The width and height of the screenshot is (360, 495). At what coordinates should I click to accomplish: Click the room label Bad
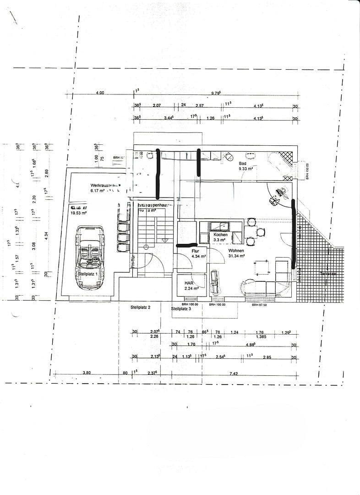click(x=243, y=163)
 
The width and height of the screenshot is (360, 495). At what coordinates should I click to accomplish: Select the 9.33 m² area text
click(x=246, y=169)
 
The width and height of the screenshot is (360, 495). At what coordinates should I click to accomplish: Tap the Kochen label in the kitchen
click(x=220, y=234)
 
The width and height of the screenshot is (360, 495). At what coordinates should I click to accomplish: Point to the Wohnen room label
click(x=236, y=251)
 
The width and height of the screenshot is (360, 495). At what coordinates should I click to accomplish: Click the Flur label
click(x=196, y=251)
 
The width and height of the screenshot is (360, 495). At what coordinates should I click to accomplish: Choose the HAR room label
click(x=188, y=283)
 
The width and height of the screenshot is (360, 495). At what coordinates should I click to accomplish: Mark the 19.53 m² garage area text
click(x=78, y=213)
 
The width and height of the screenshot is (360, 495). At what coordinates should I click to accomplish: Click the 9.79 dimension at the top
click(x=216, y=93)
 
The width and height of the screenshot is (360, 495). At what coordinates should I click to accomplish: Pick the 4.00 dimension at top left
click(x=100, y=93)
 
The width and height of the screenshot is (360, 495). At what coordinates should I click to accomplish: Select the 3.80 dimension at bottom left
click(x=87, y=373)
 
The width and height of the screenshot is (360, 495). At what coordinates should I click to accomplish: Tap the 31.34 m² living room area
click(x=236, y=257)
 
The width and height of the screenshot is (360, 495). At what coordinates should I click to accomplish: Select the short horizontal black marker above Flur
click(x=187, y=245)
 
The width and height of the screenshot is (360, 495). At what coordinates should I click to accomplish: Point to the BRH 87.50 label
click(x=259, y=304)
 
